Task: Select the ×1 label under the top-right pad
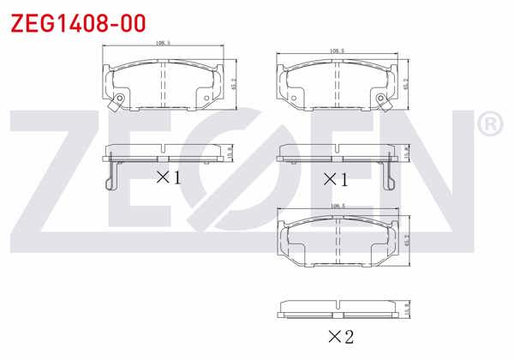[x=335, y=179]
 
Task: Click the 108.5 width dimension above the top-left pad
[x=162, y=43]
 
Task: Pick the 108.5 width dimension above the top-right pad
[x=337, y=51]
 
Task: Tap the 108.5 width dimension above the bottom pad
[x=337, y=207]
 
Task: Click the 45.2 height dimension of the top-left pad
[x=234, y=84]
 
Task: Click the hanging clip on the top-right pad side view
[x=392, y=174]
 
